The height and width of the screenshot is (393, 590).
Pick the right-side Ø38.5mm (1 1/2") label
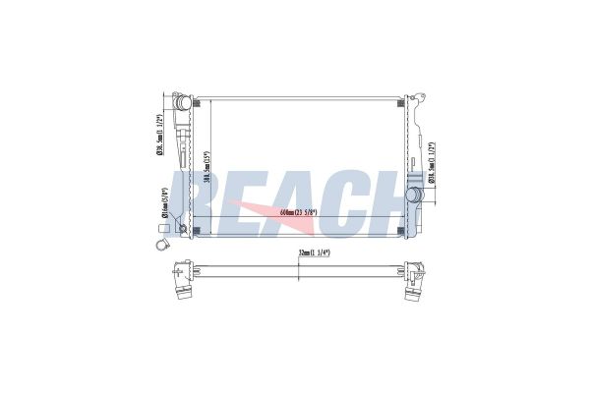tap(432, 167)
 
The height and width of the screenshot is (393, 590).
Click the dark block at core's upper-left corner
tap(200, 100)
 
